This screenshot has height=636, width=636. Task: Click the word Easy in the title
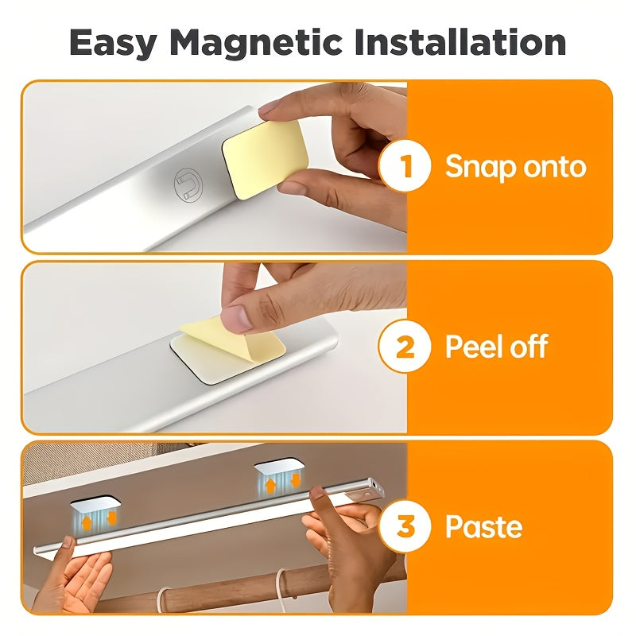point(113,44)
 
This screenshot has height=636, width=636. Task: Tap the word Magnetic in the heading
point(257,44)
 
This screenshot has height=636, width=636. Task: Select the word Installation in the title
point(460,42)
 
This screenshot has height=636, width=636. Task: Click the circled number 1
point(405,166)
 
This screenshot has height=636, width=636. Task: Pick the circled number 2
point(405,346)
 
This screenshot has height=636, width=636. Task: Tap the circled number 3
point(405,526)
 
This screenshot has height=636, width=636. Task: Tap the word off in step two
point(529,346)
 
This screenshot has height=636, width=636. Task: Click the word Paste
point(483,526)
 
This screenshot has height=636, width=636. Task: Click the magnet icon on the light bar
point(188,184)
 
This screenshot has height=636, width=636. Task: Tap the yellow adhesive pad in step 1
point(266,160)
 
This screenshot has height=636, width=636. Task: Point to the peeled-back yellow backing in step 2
point(233,338)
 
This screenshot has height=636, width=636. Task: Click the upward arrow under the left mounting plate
point(87,522)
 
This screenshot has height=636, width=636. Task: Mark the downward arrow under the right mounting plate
point(296,481)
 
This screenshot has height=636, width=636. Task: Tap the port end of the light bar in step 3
point(376,487)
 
